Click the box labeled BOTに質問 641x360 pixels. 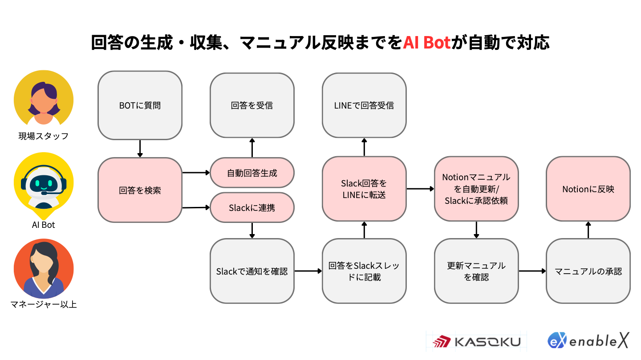140,105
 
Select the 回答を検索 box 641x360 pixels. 140,190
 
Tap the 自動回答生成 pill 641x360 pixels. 252,173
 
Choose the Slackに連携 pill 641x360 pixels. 252,207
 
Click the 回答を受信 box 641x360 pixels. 252,105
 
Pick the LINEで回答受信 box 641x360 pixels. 364,105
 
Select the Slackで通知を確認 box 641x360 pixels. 252,271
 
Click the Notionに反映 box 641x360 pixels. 588,189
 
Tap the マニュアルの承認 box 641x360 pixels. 588,271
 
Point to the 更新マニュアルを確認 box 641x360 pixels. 476,271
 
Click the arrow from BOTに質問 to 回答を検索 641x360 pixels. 140,149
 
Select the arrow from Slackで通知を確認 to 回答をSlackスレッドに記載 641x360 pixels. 308,271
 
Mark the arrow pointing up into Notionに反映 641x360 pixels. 588,230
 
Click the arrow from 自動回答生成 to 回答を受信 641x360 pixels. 252,148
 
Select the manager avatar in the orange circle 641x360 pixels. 44,268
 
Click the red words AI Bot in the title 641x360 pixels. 426,43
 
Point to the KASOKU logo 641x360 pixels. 476,341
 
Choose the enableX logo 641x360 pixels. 588,340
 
